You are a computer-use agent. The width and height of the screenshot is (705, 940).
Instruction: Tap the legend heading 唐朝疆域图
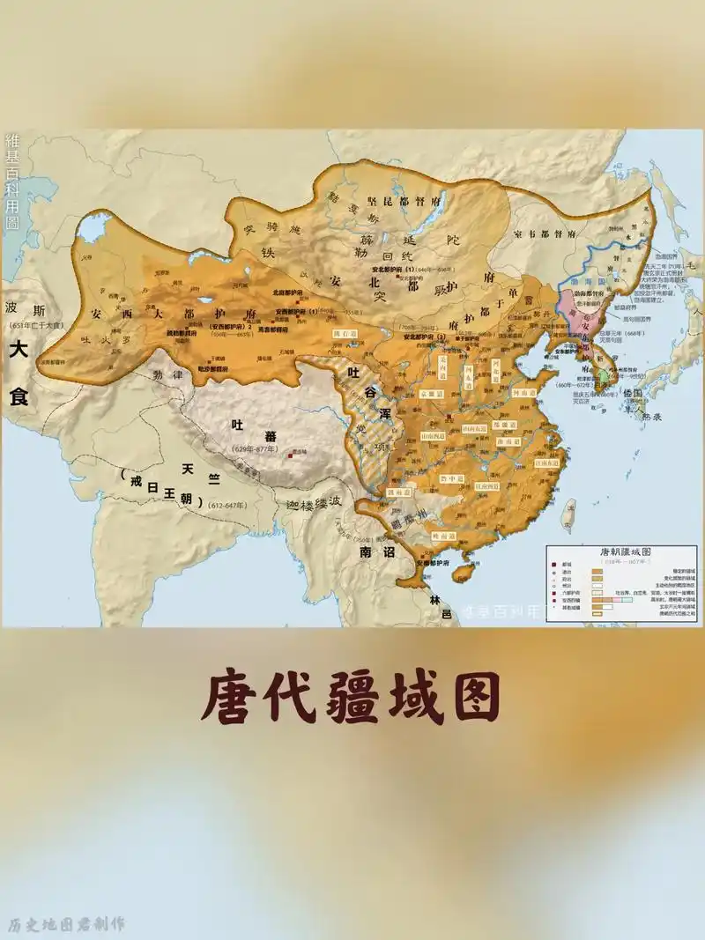[623, 552]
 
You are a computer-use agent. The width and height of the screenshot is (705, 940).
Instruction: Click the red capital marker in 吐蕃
[289, 455]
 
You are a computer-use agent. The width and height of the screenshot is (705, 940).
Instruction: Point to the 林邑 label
[434, 606]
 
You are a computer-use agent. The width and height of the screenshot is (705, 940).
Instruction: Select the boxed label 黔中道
[452, 478]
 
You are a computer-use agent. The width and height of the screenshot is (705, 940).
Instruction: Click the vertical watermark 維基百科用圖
[12, 181]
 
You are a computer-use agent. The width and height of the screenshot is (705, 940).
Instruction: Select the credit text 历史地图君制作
[66, 924]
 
